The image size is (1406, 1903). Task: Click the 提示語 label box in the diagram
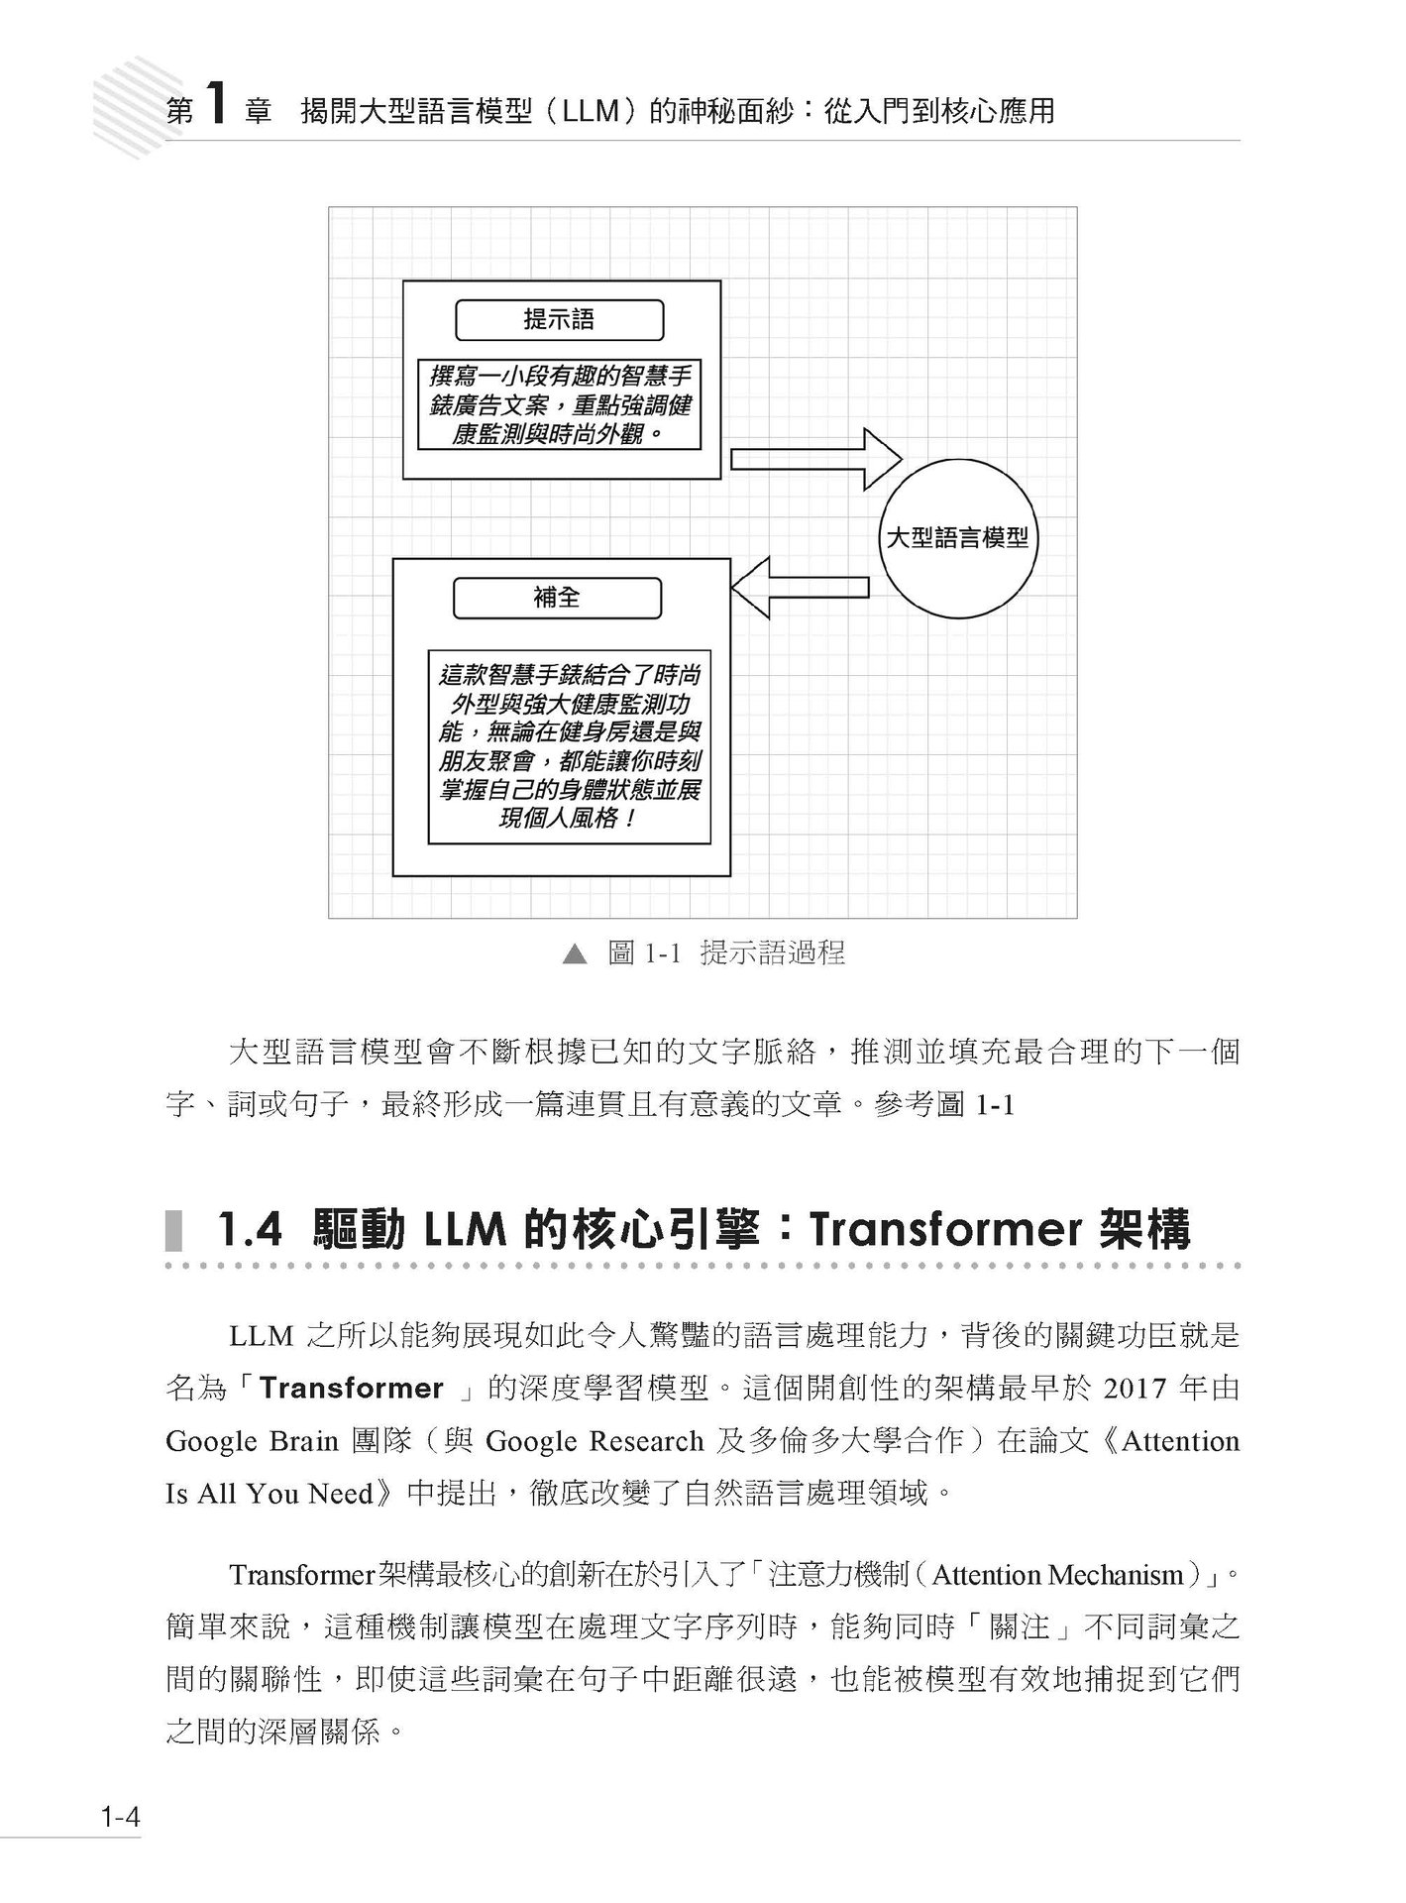559,320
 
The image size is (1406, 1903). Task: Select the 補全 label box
557,598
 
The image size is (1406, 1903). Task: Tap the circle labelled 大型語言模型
956,539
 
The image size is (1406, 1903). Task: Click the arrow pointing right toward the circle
815,459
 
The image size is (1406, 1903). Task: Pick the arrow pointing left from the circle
800,588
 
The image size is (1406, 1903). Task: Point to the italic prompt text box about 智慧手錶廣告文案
559,405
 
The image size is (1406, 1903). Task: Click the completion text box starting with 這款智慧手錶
569,746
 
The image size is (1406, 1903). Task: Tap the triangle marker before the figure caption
574,954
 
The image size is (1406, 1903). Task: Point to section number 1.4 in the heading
250,1231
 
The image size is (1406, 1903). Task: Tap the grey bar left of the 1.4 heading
174,1231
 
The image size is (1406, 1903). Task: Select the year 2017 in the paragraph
1132,1389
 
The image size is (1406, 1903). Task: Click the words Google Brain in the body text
252,1441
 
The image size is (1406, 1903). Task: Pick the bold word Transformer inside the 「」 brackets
352,1389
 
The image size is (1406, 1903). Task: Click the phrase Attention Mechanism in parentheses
1058,1575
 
